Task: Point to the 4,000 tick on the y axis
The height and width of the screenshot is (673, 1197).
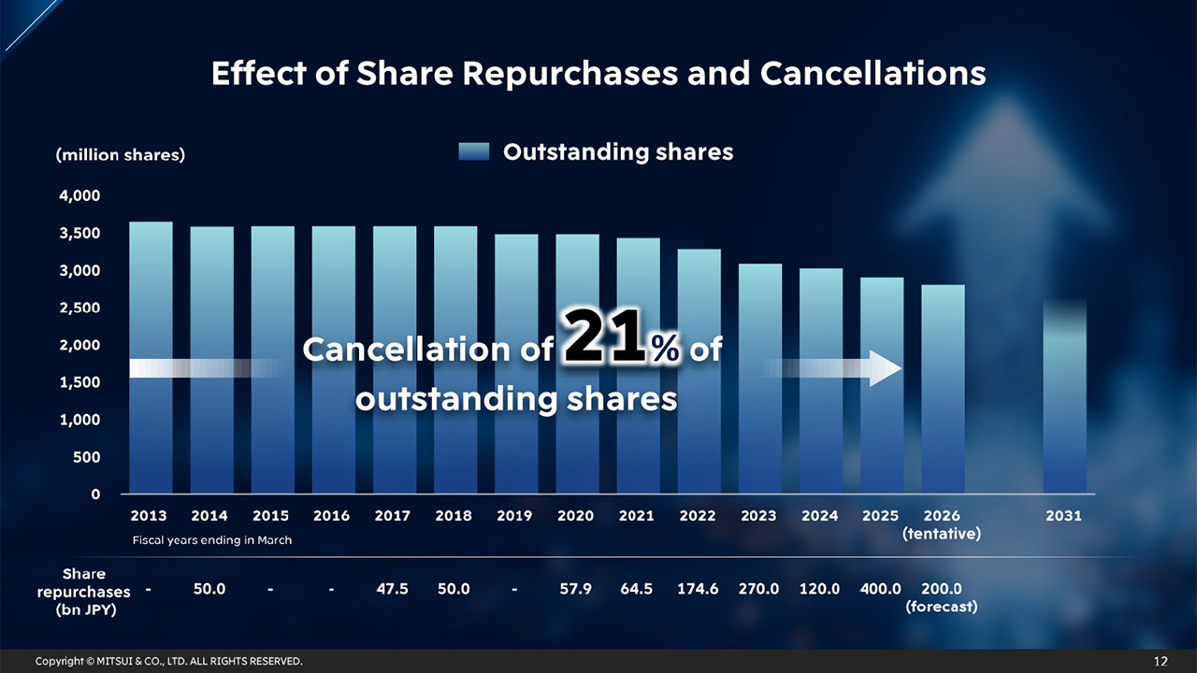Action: coord(82,195)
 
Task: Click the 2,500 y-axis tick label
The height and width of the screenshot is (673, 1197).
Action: coord(82,308)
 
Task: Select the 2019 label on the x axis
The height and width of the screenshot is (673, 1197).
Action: coord(514,516)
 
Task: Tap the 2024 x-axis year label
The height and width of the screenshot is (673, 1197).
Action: coord(819,516)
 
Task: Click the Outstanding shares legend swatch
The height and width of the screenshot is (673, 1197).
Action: coord(474,152)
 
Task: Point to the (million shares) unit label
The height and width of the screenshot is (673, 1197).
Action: coord(120,155)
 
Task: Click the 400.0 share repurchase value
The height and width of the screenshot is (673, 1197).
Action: coord(880,589)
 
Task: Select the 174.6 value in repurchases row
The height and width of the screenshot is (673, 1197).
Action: coord(698,589)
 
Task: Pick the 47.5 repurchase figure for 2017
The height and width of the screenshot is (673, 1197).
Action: coord(392,589)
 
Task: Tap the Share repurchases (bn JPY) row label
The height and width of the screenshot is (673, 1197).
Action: coord(84,592)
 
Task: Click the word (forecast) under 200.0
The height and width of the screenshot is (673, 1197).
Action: coord(942,607)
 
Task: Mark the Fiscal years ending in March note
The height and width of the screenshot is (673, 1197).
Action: coord(212,540)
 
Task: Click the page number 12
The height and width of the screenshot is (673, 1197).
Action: coord(1161,662)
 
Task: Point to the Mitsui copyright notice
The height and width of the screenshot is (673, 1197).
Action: coord(169,662)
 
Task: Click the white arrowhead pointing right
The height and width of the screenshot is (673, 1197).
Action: coord(884,369)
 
